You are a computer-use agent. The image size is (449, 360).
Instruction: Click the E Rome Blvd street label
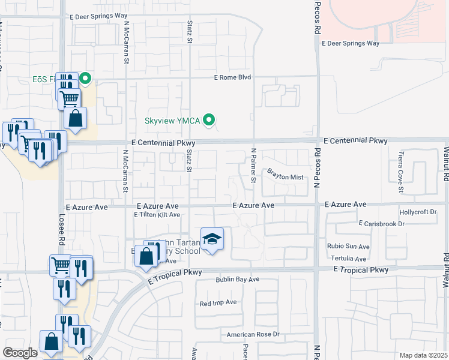pos(232,77)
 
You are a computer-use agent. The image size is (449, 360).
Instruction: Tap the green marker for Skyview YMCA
pos(209,120)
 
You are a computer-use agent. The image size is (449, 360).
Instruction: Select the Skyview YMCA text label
pos(173,121)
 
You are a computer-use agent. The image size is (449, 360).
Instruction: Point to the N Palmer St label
pos(254,166)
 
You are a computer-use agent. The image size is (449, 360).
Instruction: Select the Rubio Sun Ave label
pos(348,247)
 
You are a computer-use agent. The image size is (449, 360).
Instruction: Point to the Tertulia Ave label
pos(349,259)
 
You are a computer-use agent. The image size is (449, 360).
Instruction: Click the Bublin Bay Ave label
pos(238,280)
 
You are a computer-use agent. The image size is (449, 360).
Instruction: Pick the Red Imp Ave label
pos(218,303)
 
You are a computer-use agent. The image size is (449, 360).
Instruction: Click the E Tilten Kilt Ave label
pos(157,214)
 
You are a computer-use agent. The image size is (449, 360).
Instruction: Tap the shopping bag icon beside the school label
pos(146,256)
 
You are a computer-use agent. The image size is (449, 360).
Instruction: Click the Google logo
pos(20,353)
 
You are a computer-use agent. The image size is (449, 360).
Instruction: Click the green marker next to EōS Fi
pos(85,77)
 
